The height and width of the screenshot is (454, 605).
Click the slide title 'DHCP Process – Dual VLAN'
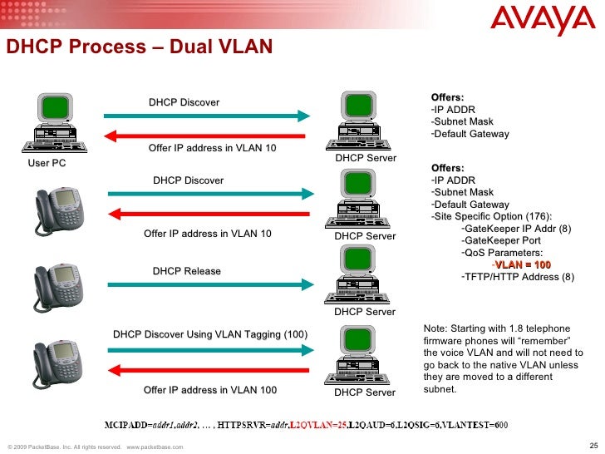click(x=139, y=47)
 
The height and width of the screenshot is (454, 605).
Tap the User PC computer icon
click(x=53, y=125)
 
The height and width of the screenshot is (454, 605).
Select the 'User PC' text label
click(x=47, y=163)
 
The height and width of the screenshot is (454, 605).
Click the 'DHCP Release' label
click(x=186, y=271)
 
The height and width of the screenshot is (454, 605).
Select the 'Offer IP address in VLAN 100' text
click(x=210, y=390)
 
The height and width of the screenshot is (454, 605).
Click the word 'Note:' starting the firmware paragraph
click(x=435, y=329)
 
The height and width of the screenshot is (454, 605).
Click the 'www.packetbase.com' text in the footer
click(x=155, y=447)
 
